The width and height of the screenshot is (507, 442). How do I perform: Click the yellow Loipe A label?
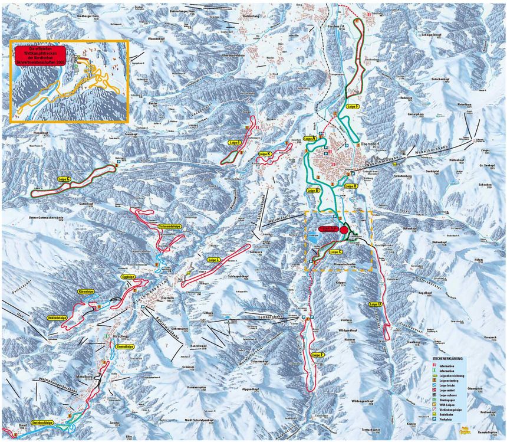tap(310, 138)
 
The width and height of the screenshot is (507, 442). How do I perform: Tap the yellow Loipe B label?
tap(312, 191)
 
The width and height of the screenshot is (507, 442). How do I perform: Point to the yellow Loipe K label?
tap(265, 153)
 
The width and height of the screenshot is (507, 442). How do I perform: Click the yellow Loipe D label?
tap(375, 305)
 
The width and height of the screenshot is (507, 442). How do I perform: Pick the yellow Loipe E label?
tap(317, 355)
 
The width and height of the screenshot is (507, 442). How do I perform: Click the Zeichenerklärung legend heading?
tap(451, 358)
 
